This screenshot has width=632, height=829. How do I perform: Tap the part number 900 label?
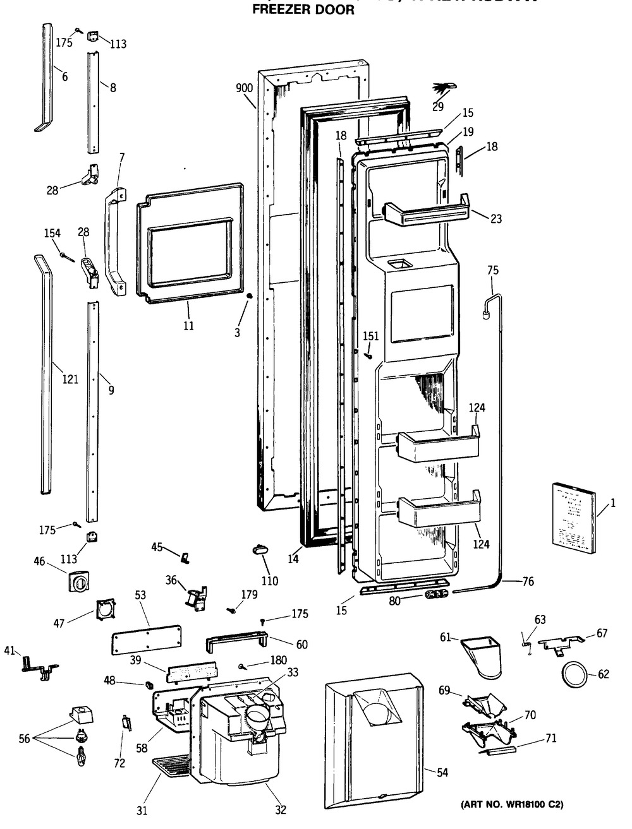245,89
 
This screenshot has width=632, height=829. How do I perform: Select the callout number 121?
70,379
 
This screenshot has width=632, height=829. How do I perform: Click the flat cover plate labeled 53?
146,643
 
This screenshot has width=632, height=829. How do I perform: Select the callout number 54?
442,772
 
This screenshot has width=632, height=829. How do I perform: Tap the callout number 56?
24,739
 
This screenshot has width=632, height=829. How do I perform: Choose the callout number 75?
492,270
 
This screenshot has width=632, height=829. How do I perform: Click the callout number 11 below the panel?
188,326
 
